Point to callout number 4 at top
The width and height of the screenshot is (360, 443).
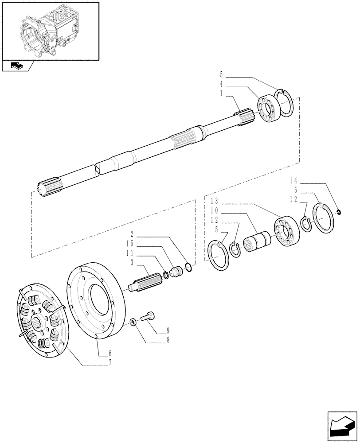click(221, 84)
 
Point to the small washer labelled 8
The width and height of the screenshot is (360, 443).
click(133, 321)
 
